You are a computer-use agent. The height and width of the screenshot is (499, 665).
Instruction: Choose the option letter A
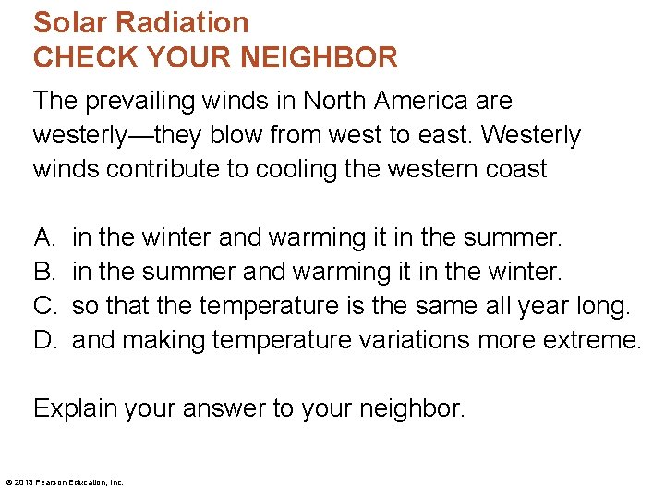[x=43, y=237]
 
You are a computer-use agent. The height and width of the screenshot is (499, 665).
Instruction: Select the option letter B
[x=43, y=272]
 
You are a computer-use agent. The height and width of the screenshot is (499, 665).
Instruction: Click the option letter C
[x=43, y=306]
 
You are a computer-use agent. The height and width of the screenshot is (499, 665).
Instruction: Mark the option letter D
[x=43, y=340]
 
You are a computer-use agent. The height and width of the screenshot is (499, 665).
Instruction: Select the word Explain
[x=79, y=408]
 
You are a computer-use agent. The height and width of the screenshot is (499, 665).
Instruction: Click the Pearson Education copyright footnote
[x=65, y=481]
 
